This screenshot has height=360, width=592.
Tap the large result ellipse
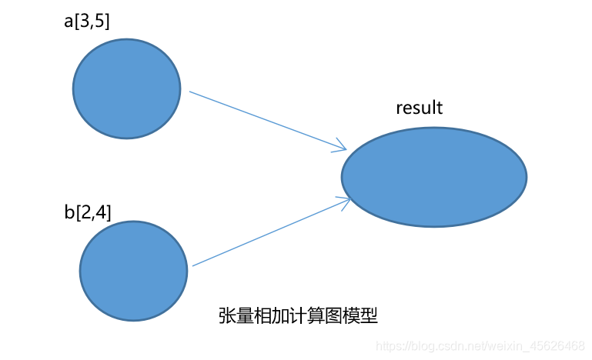pos(434,177)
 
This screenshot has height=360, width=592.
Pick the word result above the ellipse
pos(420,108)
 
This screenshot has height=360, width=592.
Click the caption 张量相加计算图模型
pos(299,316)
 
